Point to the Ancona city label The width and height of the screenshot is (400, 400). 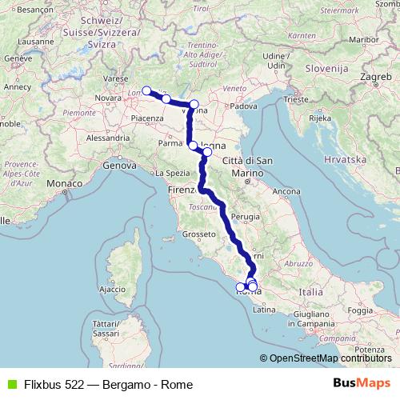point(286,191)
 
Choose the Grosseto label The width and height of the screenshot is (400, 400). point(195,234)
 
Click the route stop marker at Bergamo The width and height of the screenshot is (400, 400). point(146,90)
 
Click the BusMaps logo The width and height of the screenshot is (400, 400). point(362,384)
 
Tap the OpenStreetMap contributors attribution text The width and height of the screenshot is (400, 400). point(330,358)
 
